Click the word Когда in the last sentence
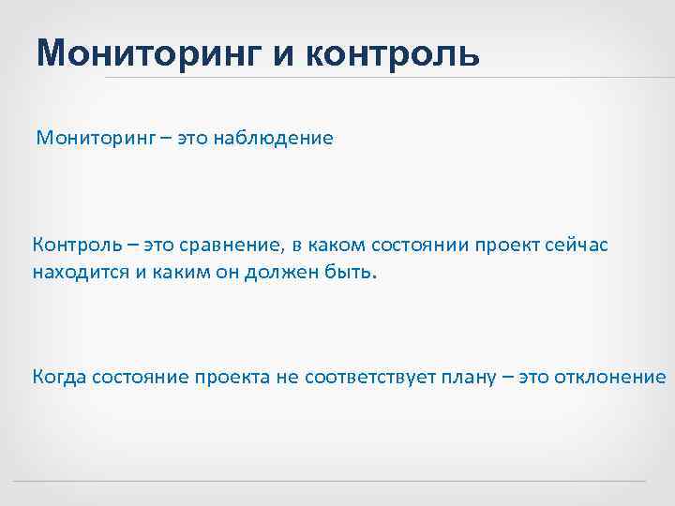coord(59,378)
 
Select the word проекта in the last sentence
coord(232,378)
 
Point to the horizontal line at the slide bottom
coord(337,483)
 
